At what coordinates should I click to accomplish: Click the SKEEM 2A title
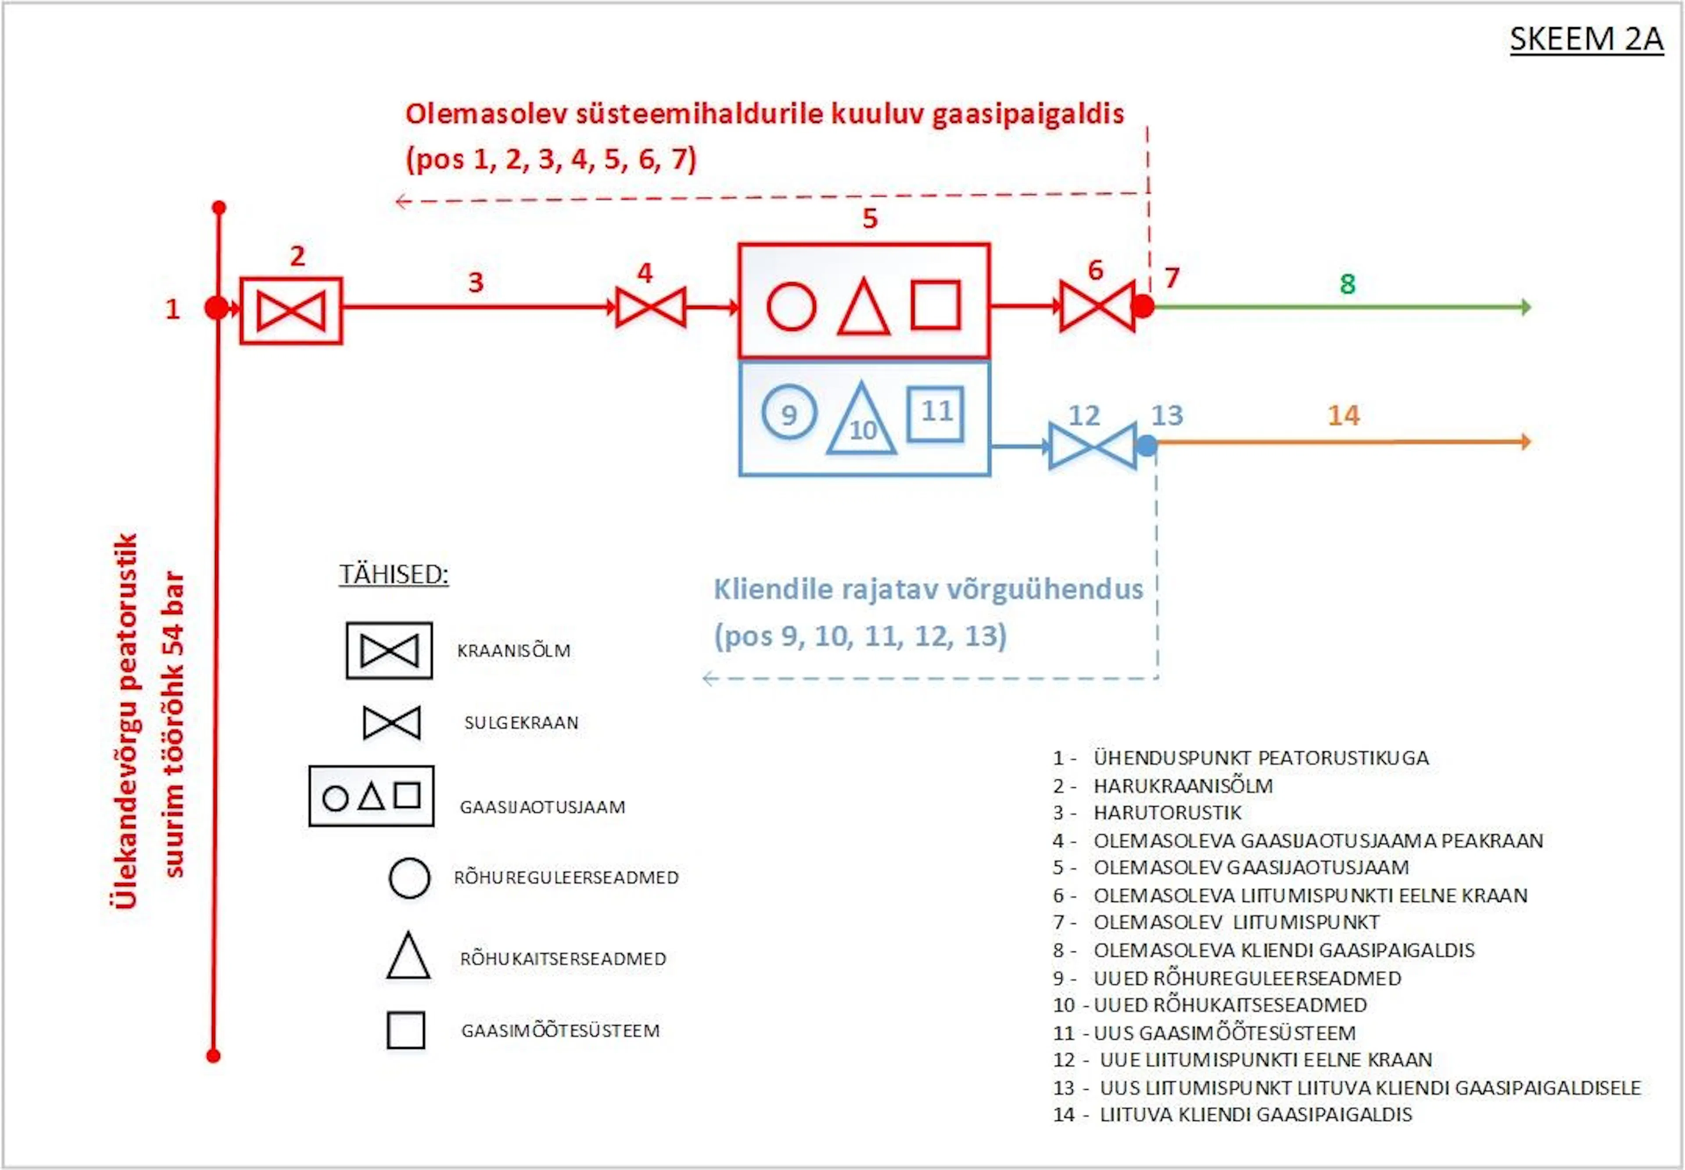[x=1586, y=39]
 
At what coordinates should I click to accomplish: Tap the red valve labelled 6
[x=1098, y=306]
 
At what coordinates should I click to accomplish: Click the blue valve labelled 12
[x=1093, y=445]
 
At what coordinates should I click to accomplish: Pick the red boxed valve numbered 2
[x=291, y=310]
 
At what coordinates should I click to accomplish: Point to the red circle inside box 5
[x=791, y=306]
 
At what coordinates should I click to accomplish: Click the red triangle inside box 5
[x=864, y=306]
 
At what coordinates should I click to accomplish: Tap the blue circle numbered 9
[x=789, y=412]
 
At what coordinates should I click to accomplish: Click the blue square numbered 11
[x=935, y=413]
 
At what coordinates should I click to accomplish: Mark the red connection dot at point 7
[x=1142, y=306]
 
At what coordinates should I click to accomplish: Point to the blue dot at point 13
[x=1147, y=445]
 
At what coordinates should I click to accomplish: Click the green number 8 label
[x=1348, y=284]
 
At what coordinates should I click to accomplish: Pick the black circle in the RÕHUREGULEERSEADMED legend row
[x=409, y=877]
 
